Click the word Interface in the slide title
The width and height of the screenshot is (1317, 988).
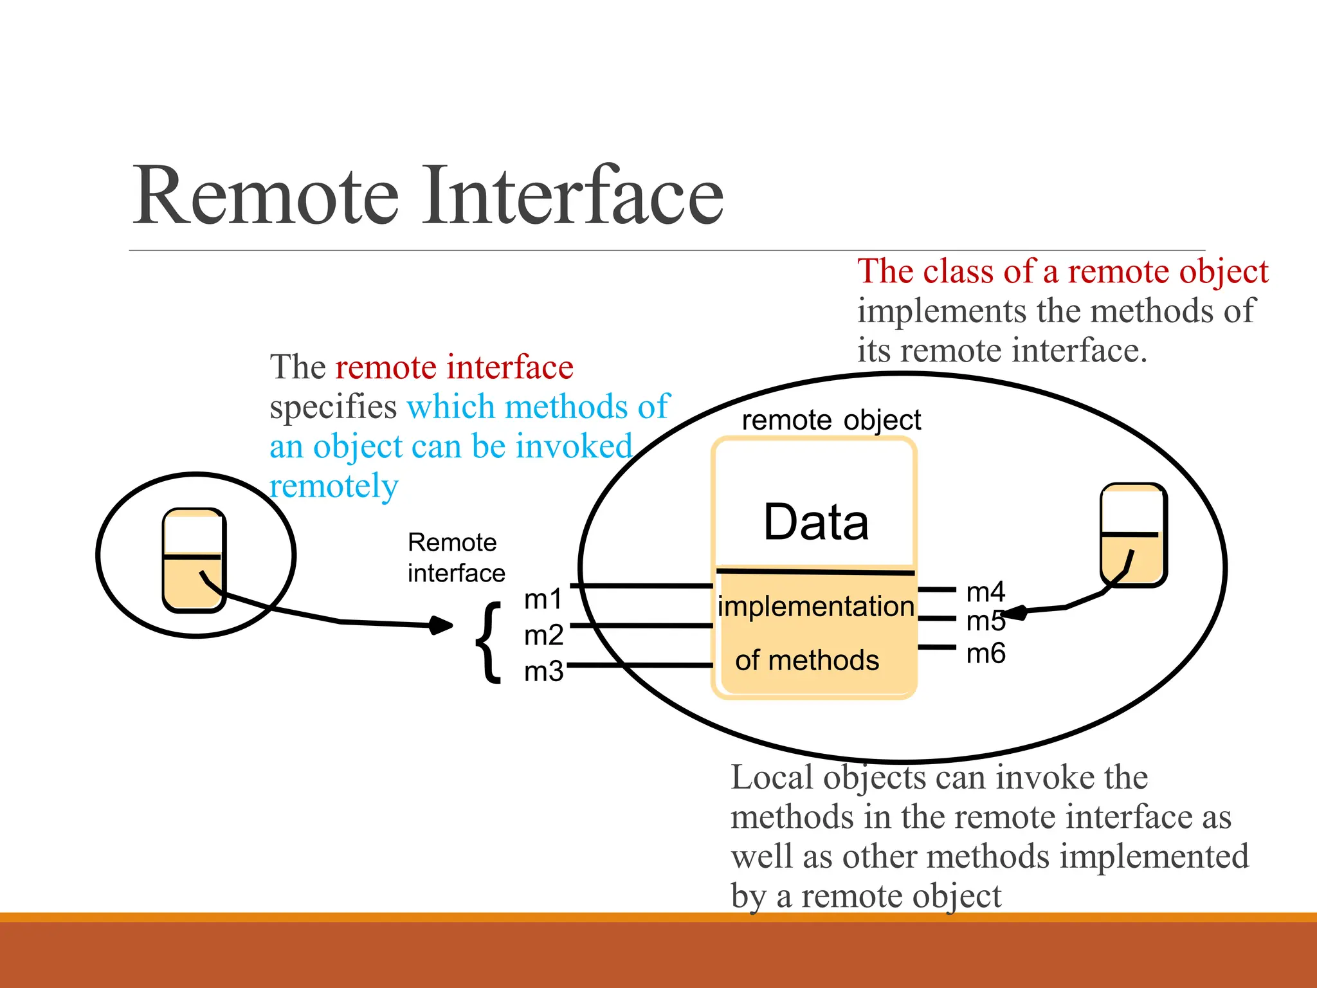pyautogui.click(x=572, y=196)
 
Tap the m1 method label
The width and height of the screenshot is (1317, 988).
pyautogui.click(x=543, y=599)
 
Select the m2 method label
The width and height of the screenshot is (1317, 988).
pyautogui.click(x=543, y=636)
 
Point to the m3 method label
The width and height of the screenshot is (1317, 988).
pyautogui.click(x=543, y=672)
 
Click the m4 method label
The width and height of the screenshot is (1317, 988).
pyautogui.click(x=985, y=592)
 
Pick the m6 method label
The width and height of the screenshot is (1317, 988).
pyautogui.click(x=985, y=654)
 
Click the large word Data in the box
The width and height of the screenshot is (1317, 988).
pyautogui.click(x=816, y=522)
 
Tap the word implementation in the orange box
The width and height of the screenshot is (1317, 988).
pyautogui.click(x=815, y=607)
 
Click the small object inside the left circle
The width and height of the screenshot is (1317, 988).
pyautogui.click(x=194, y=560)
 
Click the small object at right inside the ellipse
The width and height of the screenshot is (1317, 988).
pyautogui.click(x=1133, y=535)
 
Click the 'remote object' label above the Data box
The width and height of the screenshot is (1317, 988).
pyautogui.click(x=831, y=420)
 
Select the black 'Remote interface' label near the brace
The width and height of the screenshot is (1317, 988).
pyautogui.click(x=455, y=558)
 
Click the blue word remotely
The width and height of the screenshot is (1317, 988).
pyautogui.click(x=334, y=486)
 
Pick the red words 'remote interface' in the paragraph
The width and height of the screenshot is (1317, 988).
pyautogui.click(x=454, y=367)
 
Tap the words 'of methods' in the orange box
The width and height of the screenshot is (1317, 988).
pyautogui.click(x=807, y=661)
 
